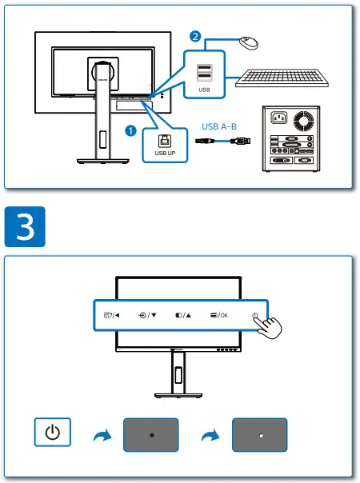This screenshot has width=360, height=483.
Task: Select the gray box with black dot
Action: [x=151, y=434]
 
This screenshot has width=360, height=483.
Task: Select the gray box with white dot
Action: [x=260, y=434]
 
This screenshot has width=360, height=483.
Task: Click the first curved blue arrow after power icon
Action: [x=101, y=435]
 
